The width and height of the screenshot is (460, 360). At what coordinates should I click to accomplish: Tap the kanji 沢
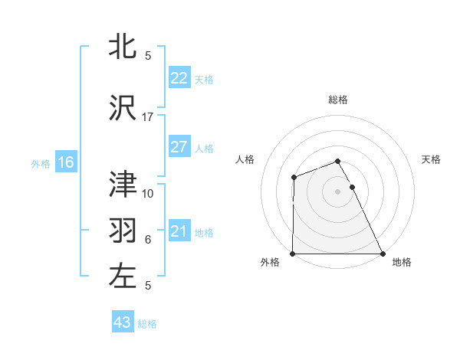click(123, 108)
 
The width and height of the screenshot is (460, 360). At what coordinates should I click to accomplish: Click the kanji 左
click(123, 277)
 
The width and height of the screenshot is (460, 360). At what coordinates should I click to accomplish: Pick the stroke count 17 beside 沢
click(148, 117)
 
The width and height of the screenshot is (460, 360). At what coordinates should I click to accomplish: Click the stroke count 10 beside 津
click(148, 193)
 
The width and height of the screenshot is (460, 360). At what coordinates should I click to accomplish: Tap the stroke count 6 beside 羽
click(148, 240)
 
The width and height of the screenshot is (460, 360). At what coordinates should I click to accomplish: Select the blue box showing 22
click(179, 78)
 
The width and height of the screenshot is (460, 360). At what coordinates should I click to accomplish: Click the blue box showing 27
click(179, 147)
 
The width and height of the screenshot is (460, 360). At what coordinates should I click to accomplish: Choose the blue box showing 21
click(179, 231)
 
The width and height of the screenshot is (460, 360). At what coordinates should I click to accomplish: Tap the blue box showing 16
click(65, 162)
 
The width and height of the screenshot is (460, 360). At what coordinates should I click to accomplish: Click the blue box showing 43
click(123, 322)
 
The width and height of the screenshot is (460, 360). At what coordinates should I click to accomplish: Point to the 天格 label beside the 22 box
click(204, 79)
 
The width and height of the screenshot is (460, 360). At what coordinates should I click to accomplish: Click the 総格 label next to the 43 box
click(147, 324)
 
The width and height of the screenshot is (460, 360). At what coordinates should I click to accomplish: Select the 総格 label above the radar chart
click(338, 100)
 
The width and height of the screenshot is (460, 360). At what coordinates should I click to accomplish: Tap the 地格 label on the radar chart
click(402, 262)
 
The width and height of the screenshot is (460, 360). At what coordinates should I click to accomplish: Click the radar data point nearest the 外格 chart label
click(293, 254)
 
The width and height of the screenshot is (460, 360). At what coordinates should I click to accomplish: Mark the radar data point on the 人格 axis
click(294, 178)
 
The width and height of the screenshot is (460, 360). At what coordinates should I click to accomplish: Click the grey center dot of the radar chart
click(338, 191)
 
